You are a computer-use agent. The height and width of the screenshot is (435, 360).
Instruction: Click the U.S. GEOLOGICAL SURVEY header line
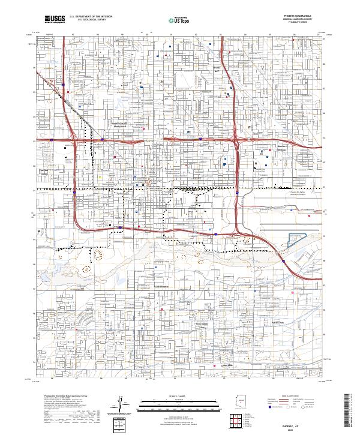pos(88,20)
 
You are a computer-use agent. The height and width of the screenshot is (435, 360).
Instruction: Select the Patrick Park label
pos(275,323)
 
